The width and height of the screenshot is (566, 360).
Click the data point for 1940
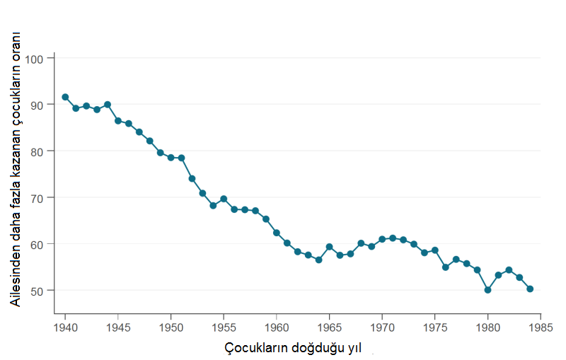(x=65, y=97)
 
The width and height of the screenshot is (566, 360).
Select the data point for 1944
(x=108, y=105)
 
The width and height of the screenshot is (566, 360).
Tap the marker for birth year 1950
(x=171, y=158)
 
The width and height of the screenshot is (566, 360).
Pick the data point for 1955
(x=224, y=199)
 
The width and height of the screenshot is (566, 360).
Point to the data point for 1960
(x=277, y=233)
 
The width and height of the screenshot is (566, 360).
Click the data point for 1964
(x=319, y=260)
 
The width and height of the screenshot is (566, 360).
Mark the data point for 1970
(x=382, y=239)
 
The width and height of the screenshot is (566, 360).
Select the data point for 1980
(x=487, y=290)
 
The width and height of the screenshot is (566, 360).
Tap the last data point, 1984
(x=530, y=289)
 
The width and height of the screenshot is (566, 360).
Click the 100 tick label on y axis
(x=35, y=58)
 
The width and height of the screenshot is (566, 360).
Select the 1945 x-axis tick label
(x=118, y=327)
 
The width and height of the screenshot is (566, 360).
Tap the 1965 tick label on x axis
(x=330, y=327)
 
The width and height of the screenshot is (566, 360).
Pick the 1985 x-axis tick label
(x=541, y=327)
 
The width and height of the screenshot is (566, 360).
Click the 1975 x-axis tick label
(x=435, y=327)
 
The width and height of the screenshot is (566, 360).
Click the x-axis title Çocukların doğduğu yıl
(x=294, y=349)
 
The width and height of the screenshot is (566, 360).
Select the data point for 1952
(x=192, y=178)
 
